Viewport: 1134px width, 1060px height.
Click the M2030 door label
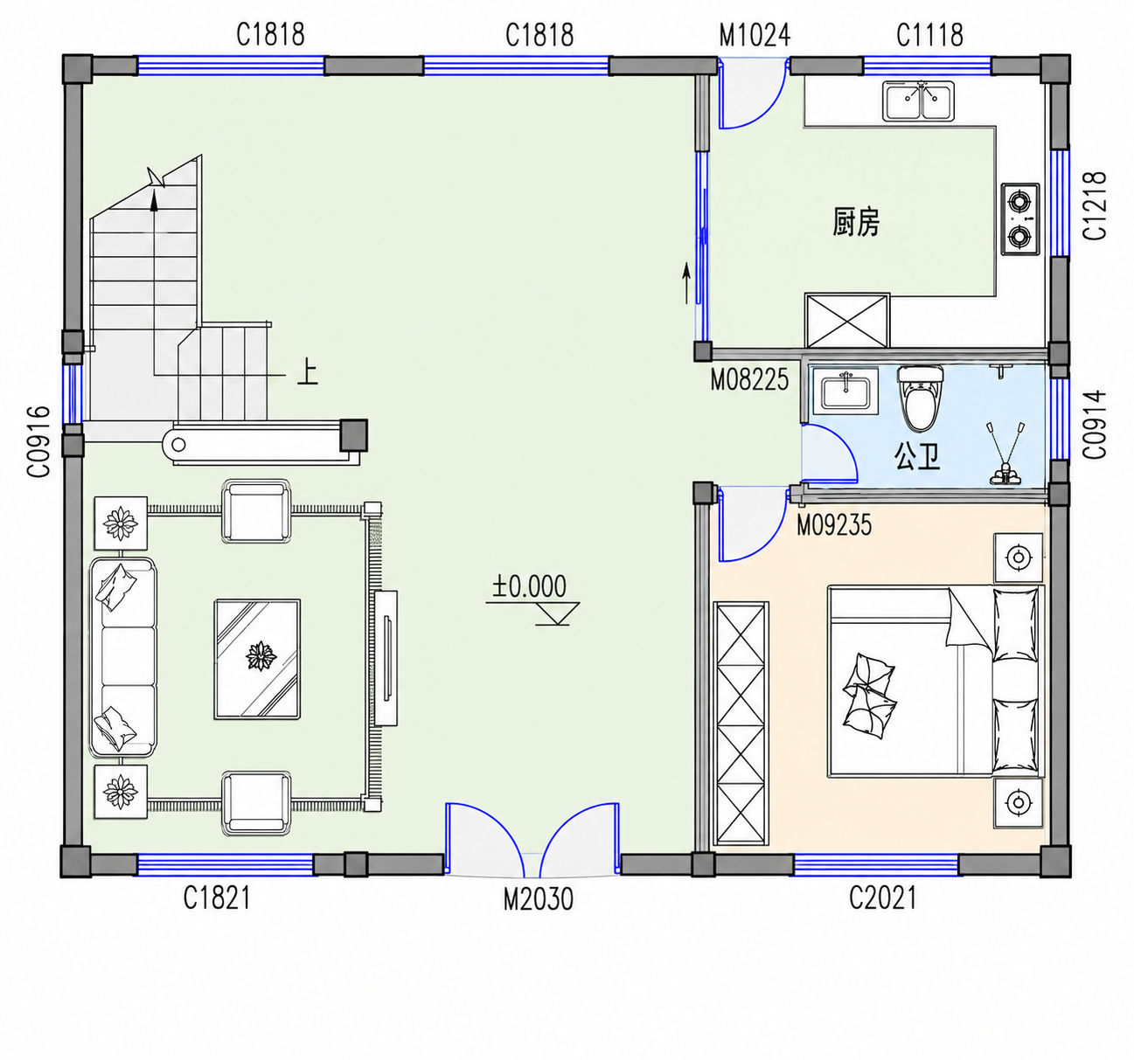(538, 899)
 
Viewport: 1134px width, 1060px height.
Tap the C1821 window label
(217, 897)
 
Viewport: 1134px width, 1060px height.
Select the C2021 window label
(883, 897)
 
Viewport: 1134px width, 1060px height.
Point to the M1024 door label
(755, 35)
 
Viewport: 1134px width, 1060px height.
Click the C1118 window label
(929, 35)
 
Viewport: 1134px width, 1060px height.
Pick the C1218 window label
(1096, 205)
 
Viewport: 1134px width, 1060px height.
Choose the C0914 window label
(1096, 425)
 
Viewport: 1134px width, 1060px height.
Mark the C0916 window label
(38, 441)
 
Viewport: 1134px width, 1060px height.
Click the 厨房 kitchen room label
(855, 222)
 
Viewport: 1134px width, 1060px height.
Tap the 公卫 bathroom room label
(917, 456)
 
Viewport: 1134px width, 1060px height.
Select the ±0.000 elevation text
(529, 586)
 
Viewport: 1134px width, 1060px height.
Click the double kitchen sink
(918, 101)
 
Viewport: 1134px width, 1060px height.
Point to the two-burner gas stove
(1020, 219)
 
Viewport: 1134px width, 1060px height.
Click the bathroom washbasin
(845, 391)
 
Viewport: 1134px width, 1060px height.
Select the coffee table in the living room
(258, 659)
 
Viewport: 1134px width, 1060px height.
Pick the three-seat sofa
(122, 657)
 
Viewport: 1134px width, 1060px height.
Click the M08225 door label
(749, 379)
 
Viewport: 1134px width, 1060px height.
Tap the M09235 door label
(834, 524)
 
